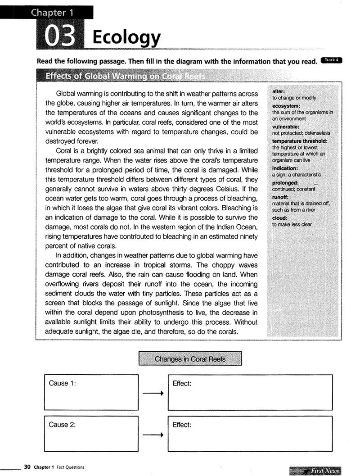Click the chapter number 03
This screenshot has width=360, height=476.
tap(59, 37)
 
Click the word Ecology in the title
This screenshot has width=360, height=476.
tap(126, 37)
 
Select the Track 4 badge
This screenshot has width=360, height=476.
tap(331, 60)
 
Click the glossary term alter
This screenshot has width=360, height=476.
tap(279, 91)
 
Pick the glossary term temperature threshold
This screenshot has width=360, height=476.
tap(300, 141)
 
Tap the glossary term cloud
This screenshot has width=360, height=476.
tap(279, 218)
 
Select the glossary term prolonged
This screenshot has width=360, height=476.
tap(285, 183)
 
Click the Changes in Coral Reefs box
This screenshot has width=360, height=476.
tap(190, 359)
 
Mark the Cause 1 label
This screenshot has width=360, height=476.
tap(62, 383)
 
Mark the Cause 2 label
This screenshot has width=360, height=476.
tap(62, 425)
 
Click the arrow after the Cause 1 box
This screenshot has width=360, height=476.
tap(153, 394)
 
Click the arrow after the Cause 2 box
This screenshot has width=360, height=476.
tap(153, 435)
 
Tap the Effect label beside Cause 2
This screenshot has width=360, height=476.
tap(182, 425)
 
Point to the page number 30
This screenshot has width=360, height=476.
tap(27, 467)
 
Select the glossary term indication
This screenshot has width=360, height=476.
tap(285, 168)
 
